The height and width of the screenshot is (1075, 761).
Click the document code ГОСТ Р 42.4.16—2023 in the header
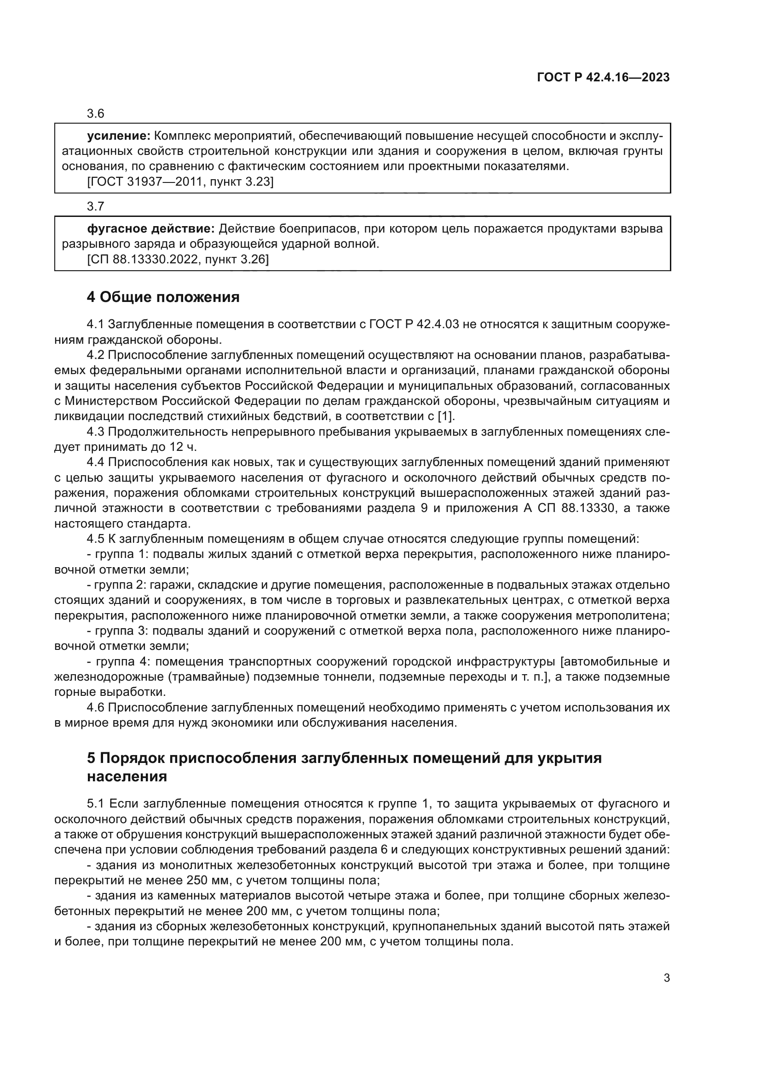click(603, 78)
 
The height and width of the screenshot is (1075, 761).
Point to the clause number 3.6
click(96, 114)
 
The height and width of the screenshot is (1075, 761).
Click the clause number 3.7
click(96, 206)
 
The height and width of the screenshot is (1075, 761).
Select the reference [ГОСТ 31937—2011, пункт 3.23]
click(180, 182)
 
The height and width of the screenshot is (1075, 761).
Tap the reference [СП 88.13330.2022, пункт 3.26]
click(178, 259)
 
